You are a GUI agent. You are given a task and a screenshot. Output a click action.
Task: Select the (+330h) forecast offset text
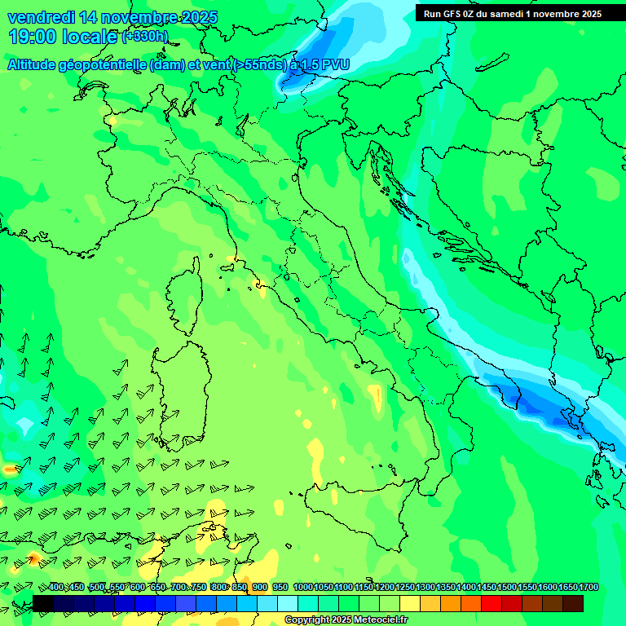[144, 37]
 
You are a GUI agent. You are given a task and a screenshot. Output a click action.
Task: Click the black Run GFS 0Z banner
[512, 13]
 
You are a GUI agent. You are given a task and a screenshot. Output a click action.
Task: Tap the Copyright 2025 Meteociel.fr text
[346, 620]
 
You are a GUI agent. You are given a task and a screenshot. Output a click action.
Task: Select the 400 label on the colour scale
[56, 588]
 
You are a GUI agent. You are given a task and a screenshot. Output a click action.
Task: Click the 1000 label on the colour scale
[302, 588]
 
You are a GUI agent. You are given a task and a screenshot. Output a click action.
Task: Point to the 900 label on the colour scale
[260, 588]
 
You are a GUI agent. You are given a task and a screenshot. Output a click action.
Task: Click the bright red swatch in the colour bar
[492, 603]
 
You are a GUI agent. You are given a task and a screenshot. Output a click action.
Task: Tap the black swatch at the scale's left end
[43, 603]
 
